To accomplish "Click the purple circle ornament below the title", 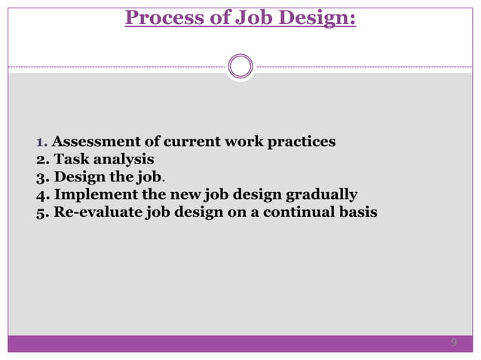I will coord(240,66).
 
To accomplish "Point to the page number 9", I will coord(453,343).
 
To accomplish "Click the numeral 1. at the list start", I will coord(42,142).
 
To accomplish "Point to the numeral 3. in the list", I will coord(42,177).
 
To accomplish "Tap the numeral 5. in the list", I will coord(42,212).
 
